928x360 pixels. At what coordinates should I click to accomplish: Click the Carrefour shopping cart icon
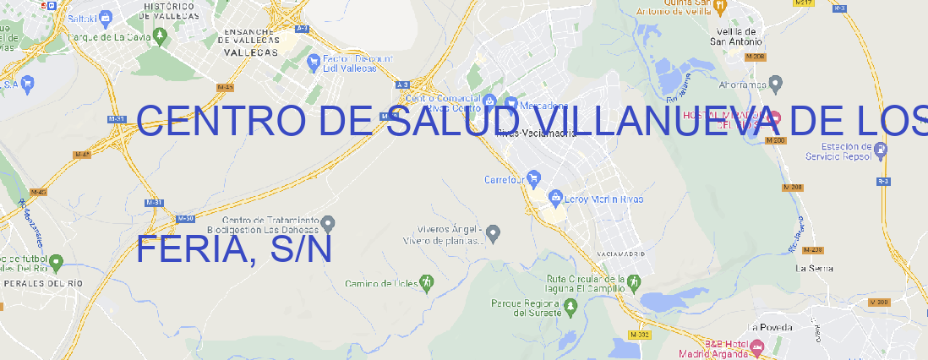pos(535,179)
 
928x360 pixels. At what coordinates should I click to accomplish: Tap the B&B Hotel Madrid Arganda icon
pos(757,346)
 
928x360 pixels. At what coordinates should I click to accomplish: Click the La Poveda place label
pos(771,327)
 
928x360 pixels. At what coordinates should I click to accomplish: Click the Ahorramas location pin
pos(777,84)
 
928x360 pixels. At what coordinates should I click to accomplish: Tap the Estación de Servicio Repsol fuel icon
pos(881,150)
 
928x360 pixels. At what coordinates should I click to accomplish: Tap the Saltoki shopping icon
pos(106,16)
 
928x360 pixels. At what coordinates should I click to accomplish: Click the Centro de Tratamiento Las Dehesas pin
pos(330,223)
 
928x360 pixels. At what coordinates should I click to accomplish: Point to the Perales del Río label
pos(43,283)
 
